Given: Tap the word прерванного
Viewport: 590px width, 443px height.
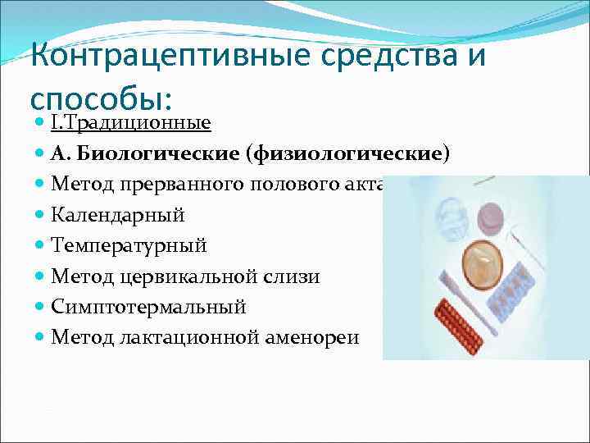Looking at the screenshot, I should pos(176,185).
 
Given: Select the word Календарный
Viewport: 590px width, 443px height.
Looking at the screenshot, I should pos(117,215).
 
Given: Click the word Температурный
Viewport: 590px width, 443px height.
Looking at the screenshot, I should pos(129,245).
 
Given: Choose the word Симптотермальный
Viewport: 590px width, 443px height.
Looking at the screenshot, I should pos(148,307).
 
